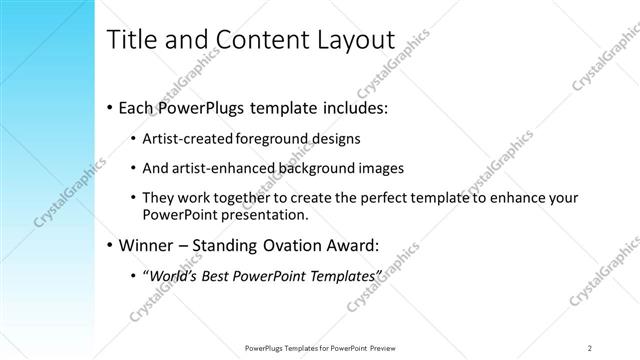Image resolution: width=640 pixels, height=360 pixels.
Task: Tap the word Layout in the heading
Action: (358, 40)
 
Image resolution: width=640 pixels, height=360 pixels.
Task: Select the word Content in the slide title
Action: (258, 40)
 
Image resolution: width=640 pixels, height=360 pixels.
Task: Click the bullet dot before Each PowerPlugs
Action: (108, 106)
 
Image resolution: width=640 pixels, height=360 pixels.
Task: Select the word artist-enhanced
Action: (223, 167)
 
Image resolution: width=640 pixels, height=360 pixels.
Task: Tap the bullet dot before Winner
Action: (108, 245)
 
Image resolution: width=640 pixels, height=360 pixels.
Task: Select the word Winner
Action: (146, 245)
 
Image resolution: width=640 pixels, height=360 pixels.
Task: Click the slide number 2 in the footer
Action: (590, 347)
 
